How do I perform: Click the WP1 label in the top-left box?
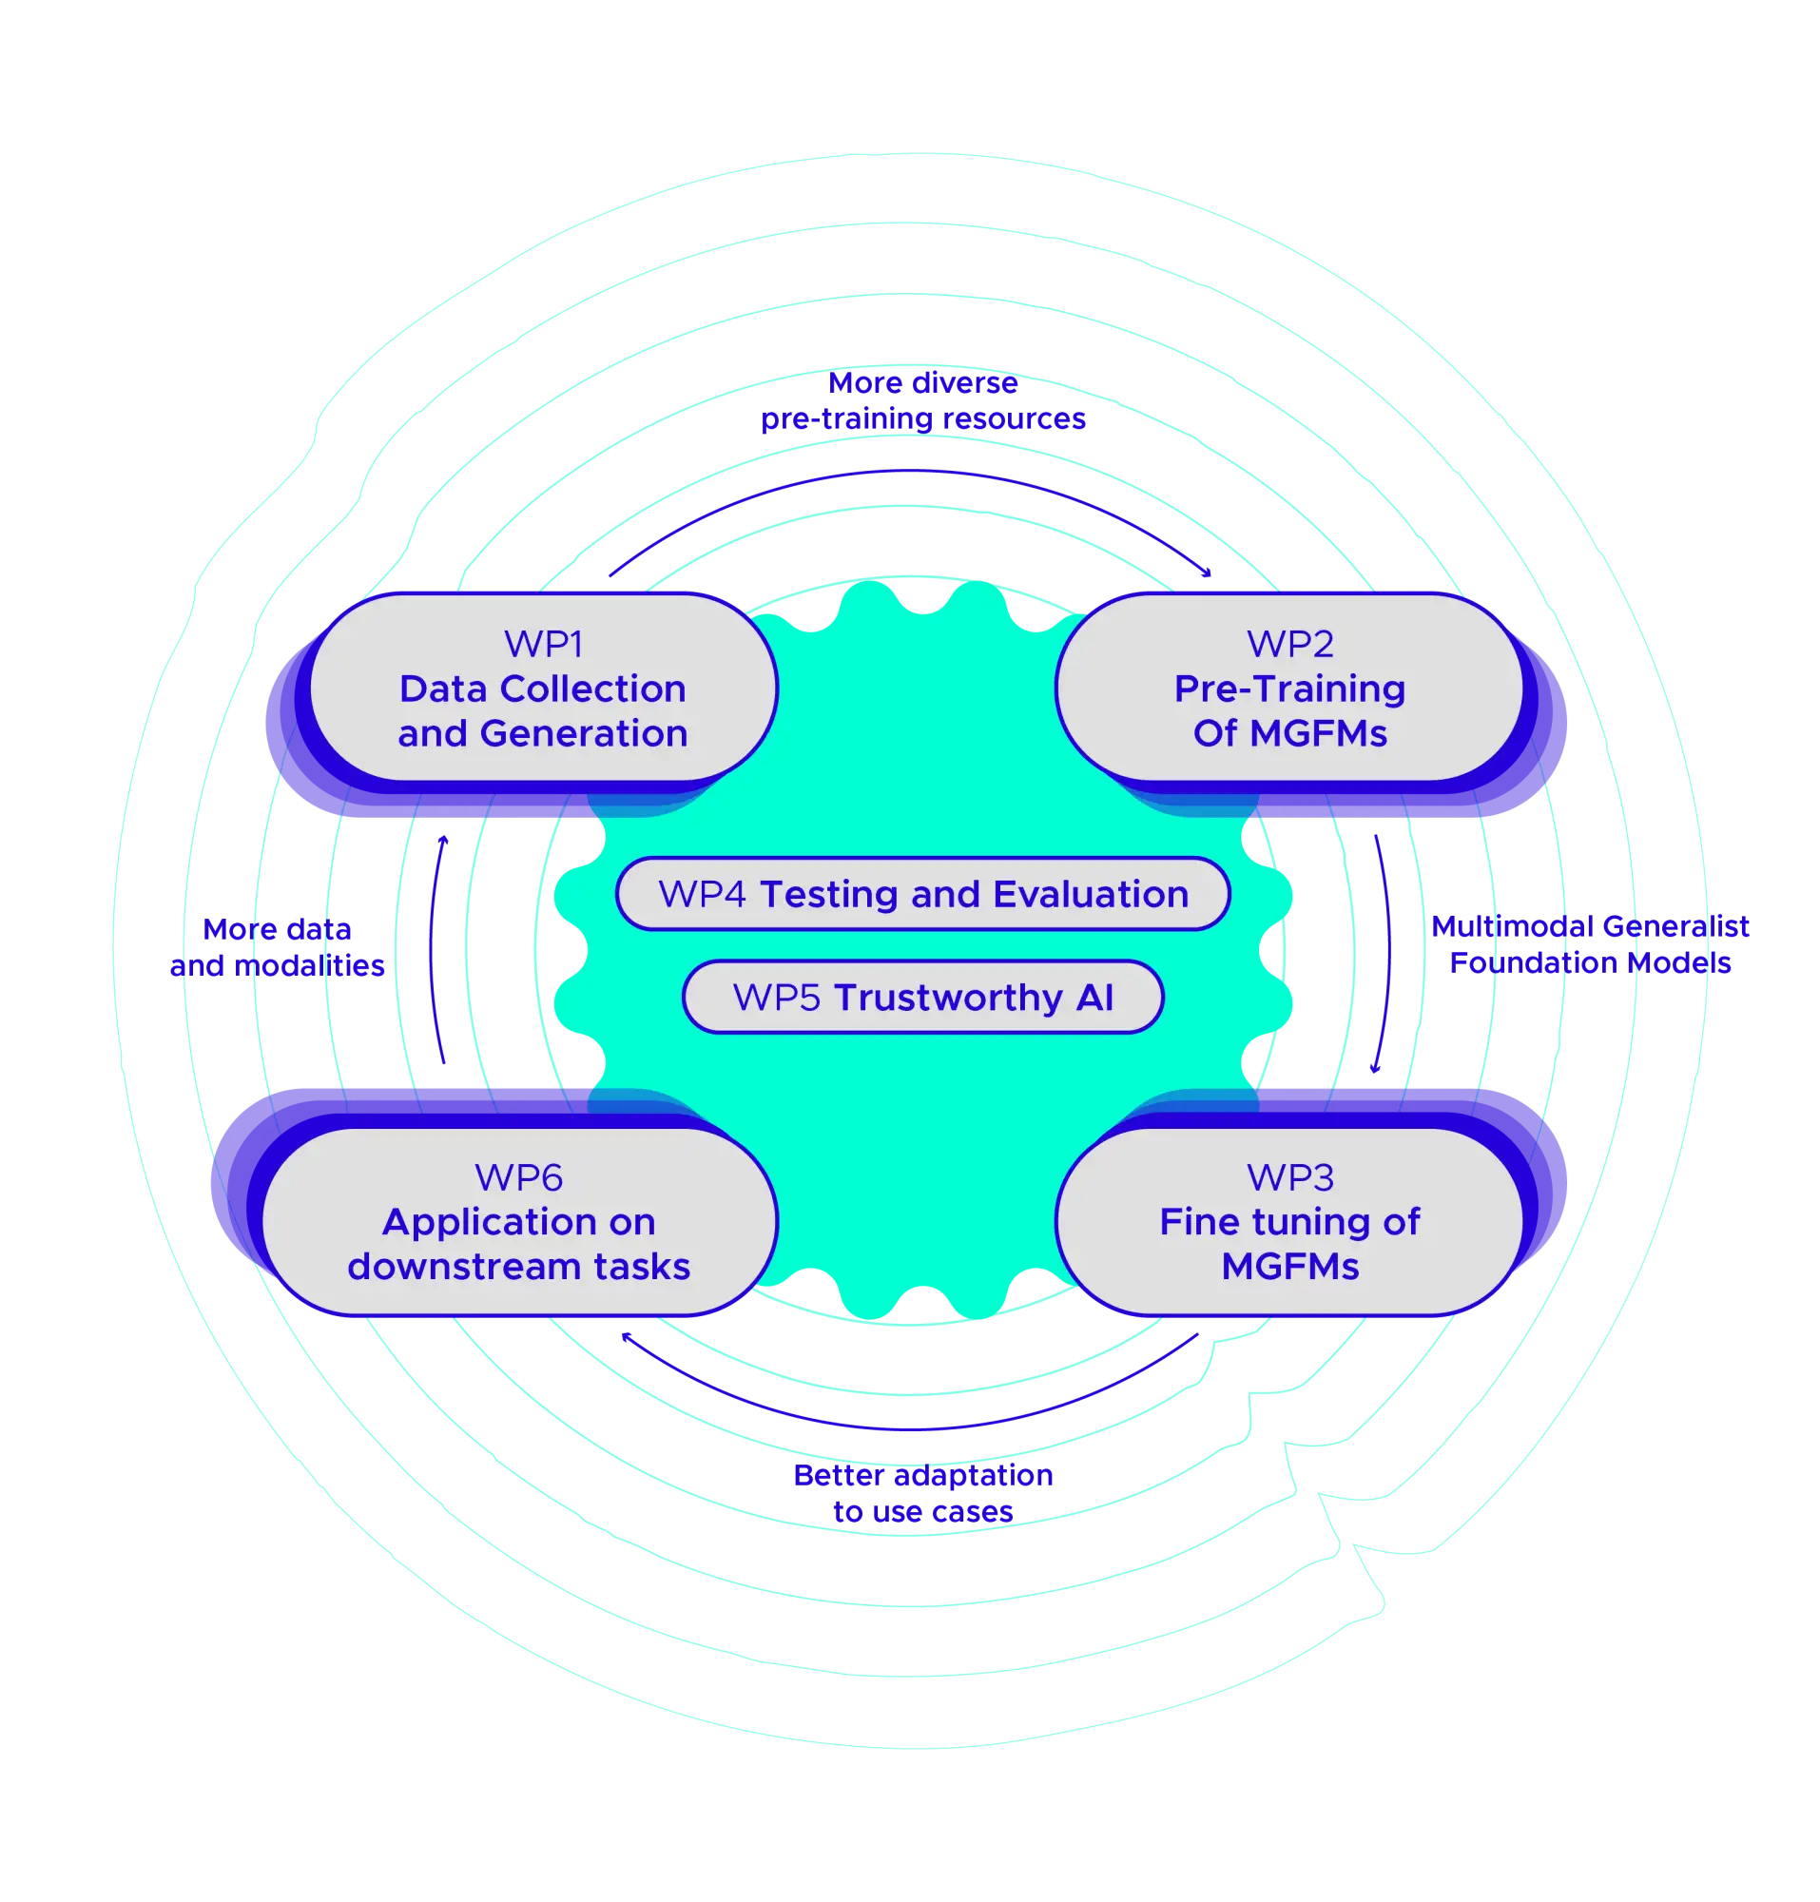[x=542, y=645]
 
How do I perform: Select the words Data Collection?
[x=542, y=689]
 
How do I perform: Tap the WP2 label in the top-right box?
[x=1289, y=645]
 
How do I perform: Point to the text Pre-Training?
[x=1289, y=689]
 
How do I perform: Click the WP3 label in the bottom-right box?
[x=1289, y=1177]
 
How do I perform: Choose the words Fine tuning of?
[x=1289, y=1222]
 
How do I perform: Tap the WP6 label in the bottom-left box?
[x=518, y=1177]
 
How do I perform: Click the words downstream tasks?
[x=518, y=1267]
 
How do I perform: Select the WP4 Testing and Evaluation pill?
[x=922, y=894]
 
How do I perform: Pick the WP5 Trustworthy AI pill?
[x=922, y=998]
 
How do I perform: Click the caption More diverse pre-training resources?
[x=922, y=400]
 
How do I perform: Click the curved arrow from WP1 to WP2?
[x=921, y=473]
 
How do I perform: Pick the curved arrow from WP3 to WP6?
[x=921, y=1427]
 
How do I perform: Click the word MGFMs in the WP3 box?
[x=1289, y=1267]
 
